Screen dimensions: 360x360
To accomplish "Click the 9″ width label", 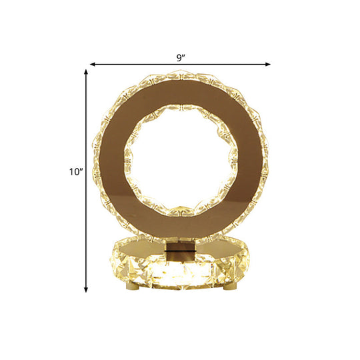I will (x=181, y=57).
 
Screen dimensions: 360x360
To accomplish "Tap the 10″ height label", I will (x=75, y=172).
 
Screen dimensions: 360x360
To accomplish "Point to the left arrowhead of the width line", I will (x=92, y=64).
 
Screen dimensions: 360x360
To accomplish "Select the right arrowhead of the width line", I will (x=269, y=64).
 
